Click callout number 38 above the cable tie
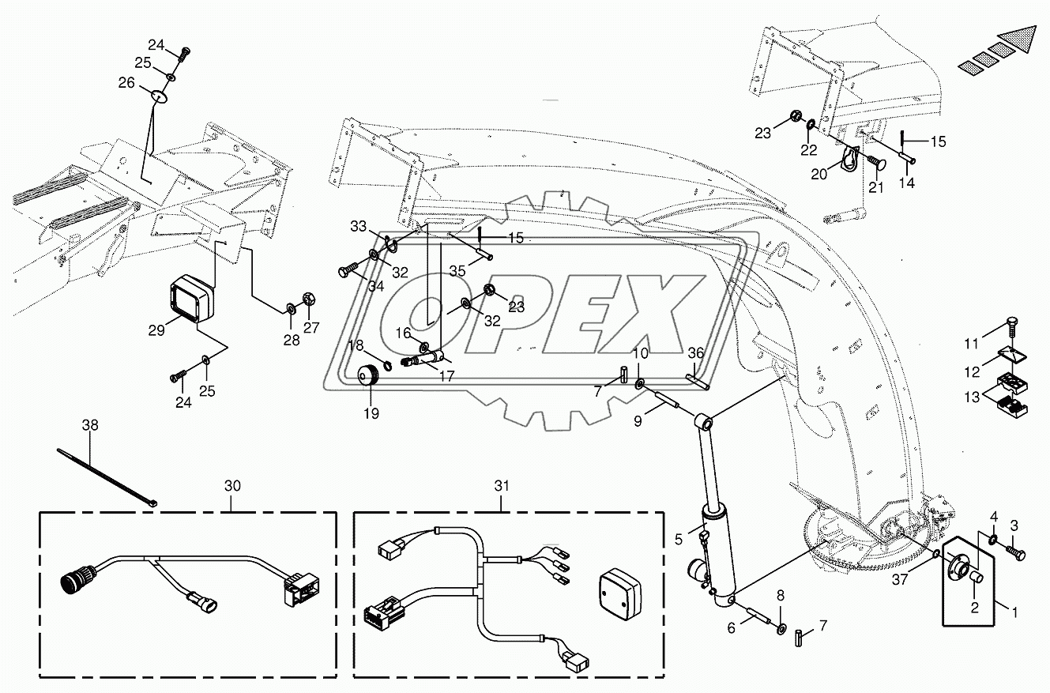91,424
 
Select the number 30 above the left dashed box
231,487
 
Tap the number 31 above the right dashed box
501,487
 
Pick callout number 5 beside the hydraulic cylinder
678,540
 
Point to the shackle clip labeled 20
849,157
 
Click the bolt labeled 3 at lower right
1016,555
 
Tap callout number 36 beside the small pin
695,353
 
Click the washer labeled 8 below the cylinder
781,629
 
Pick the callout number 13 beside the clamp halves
973,395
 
